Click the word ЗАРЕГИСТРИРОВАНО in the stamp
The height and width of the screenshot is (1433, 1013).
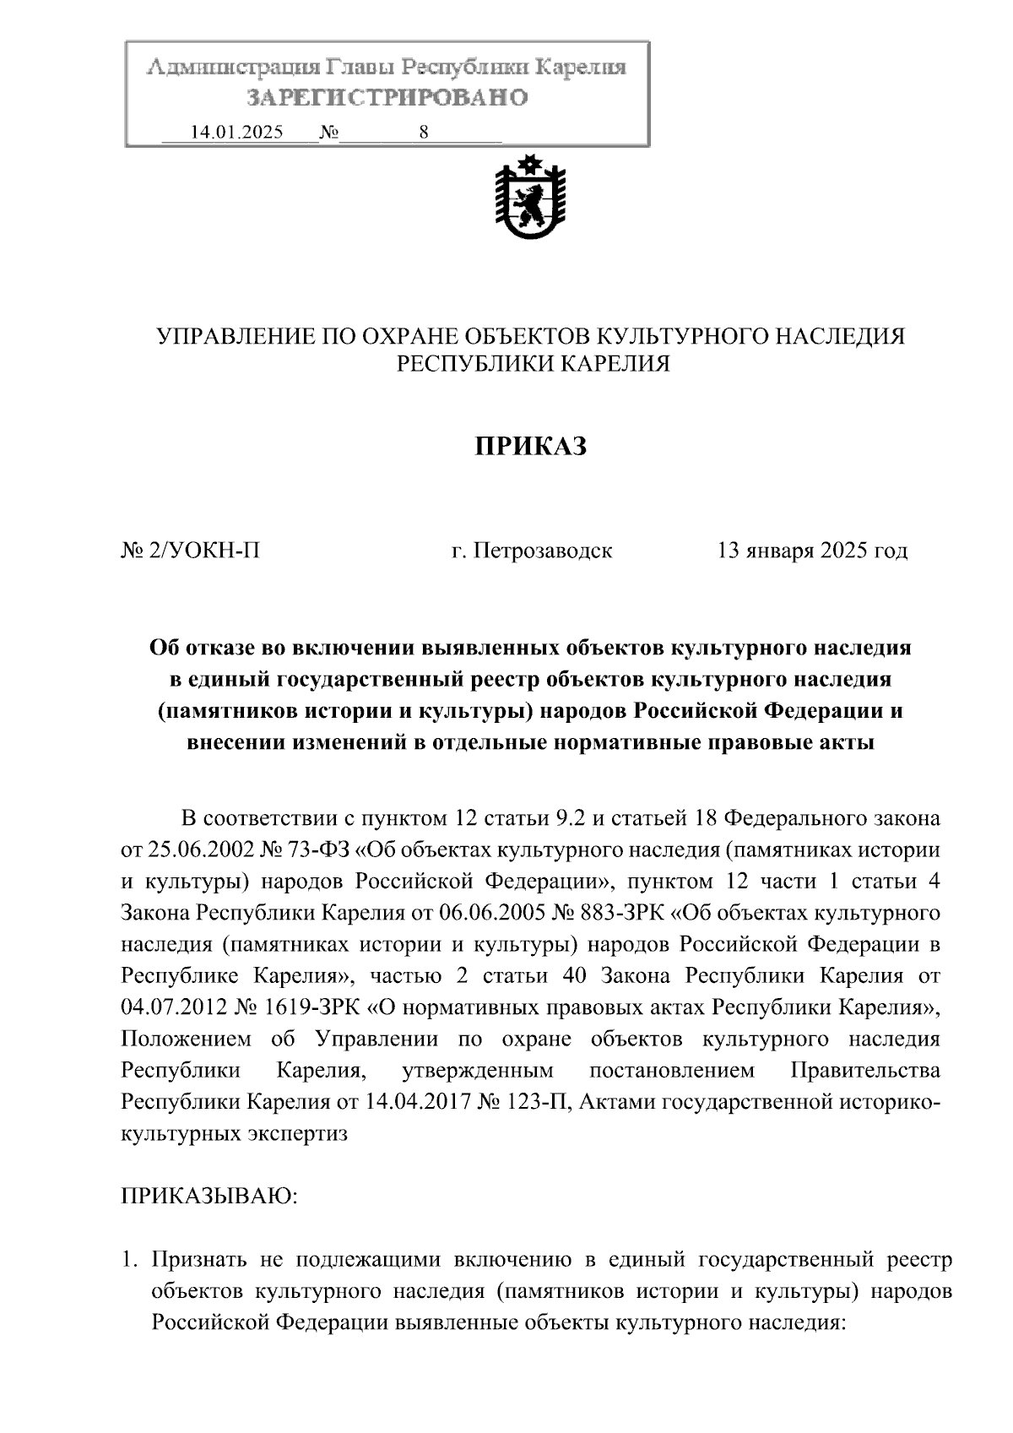pyautogui.click(x=387, y=98)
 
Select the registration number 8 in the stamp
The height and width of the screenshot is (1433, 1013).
pyautogui.click(x=423, y=133)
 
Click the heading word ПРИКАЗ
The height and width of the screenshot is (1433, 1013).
pyautogui.click(x=530, y=445)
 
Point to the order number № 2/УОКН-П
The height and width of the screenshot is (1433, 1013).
pyautogui.click(x=191, y=551)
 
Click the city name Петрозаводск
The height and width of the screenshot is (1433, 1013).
pyautogui.click(x=542, y=551)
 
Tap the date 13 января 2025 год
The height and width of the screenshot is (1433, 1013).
pyautogui.click(x=812, y=551)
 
